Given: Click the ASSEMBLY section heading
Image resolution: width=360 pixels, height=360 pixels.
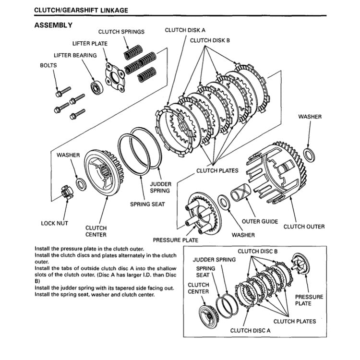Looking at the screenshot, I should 54,25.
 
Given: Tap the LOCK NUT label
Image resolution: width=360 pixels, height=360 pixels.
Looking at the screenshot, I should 55,223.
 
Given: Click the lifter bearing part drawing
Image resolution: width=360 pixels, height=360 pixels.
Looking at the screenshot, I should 96,88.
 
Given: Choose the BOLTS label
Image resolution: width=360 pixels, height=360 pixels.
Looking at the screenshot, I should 48,65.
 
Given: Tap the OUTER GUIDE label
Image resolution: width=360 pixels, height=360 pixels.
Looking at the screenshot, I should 259,222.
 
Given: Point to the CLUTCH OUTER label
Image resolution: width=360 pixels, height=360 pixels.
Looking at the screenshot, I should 304,227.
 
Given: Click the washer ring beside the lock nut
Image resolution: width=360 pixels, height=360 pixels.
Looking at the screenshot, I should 81,183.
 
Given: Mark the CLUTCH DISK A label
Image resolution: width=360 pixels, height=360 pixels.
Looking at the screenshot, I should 181,30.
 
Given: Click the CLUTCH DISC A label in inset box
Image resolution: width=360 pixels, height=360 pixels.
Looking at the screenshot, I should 250,330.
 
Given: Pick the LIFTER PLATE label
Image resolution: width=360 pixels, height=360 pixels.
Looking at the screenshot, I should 90,44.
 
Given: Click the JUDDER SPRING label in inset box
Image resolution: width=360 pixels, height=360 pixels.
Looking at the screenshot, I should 215,260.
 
